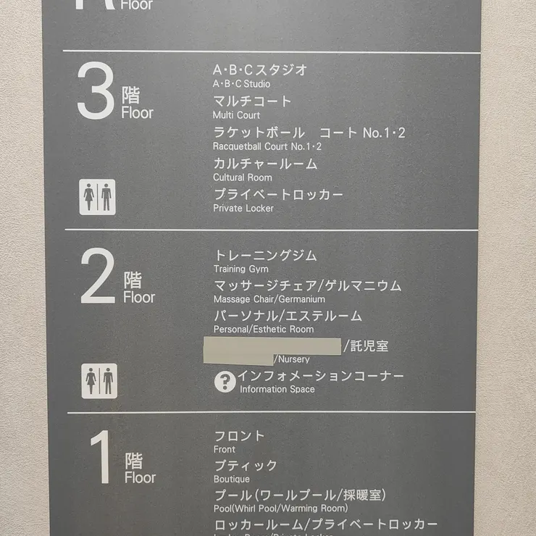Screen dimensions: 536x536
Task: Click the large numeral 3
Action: tap(95, 91)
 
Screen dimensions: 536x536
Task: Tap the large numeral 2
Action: tap(98, 276)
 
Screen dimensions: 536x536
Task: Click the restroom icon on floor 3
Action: tap(97, 197)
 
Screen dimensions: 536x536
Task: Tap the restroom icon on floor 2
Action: tap(99, 381)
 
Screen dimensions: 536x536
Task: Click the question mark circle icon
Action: tap(225, 381)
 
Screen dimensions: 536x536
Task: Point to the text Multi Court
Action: tap(236, 115)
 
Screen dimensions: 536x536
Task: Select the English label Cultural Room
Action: tap(243, 177)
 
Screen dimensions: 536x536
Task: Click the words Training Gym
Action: tap(240, 269)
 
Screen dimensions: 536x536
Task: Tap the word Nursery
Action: tap(292, 359)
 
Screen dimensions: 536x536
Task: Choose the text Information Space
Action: tap(277, 390)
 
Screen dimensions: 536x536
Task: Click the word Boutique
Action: tap(232, 480)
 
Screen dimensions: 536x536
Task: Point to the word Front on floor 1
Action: tap(225, 449)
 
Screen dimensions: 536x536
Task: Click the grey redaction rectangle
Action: tap(272, 346)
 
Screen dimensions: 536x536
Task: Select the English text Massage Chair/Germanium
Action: tap(269, 299)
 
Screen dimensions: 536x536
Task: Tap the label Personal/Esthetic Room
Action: tap(264, 330)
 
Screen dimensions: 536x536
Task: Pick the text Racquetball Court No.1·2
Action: tap(267, 146)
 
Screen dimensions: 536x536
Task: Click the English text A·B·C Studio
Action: tap(241, 84)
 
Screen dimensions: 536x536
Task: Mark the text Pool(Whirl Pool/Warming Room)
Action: tap(280, 508)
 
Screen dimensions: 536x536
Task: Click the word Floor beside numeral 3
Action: tap(138, 113)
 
